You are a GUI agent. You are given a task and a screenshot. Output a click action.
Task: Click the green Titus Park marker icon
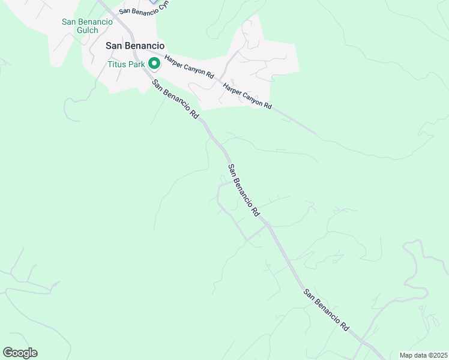tap(154, 63)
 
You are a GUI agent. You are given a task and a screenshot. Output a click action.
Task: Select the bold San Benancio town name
tap(135, 45)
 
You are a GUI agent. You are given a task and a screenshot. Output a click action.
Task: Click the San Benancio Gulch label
tap(87, 26)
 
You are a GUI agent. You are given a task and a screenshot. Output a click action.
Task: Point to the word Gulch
tap(87, 30)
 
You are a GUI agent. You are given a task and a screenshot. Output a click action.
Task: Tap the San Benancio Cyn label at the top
tap(144, 7)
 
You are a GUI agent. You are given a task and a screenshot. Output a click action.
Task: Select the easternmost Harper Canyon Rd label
tap(247, 96)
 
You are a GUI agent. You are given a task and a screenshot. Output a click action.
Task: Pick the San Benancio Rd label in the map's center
tap(243, 190)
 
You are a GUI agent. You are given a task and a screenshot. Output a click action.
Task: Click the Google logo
tap(20, 353)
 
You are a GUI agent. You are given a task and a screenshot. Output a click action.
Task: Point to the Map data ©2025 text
tap(423, 355)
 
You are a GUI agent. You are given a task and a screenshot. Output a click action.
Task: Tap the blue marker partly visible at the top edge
tap(154, 2)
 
